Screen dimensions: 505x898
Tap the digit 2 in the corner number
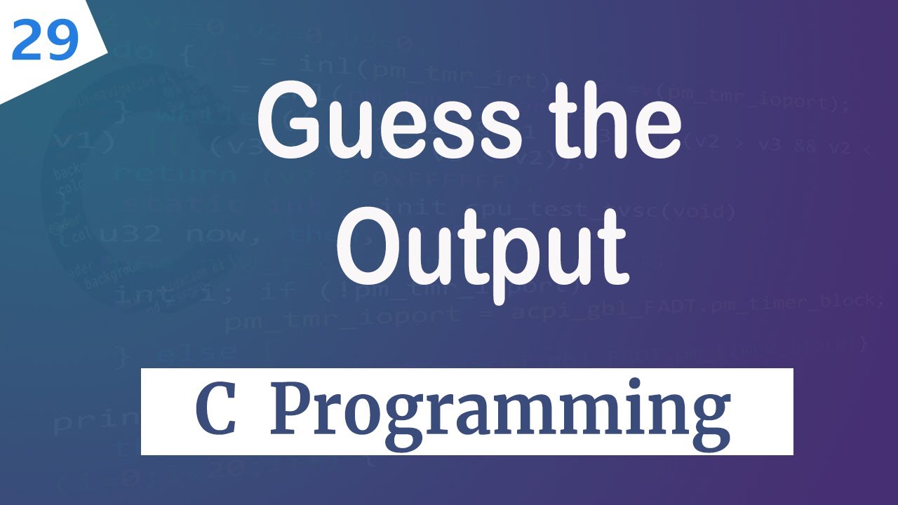click(x=27, y=41)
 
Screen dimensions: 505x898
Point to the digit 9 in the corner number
click(x=62, y=41)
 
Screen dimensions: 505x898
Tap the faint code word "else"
click(x=197, y=351)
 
